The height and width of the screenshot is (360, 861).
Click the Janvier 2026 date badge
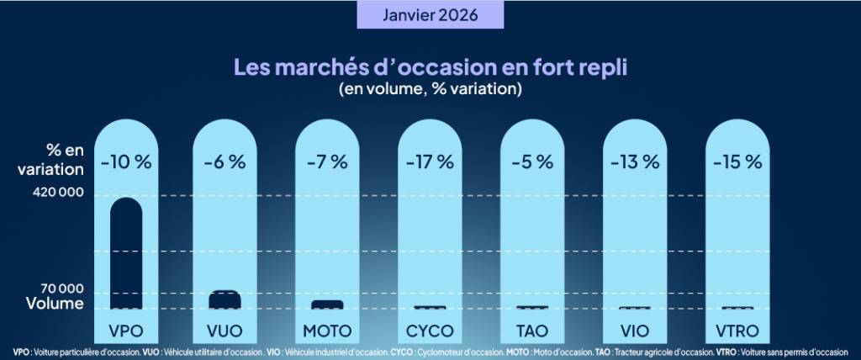point(430,15)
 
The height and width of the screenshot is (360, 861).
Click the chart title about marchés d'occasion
point(429,66)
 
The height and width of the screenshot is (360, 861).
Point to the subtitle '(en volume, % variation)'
point(430,88)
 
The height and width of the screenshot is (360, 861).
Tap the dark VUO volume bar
point(224,299)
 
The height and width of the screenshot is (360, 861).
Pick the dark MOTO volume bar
point(327,304)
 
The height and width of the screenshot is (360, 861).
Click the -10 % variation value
point(125,161)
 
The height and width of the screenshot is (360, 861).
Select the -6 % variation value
point(224,161)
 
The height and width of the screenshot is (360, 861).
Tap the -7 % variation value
point(327,161)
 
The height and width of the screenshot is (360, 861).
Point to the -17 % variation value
point(430,161)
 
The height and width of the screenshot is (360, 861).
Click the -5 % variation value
point(531,161)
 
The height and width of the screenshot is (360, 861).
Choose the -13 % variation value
point(635,161)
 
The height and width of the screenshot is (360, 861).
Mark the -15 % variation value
point(737,161)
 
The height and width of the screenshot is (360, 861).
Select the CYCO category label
point(430,330)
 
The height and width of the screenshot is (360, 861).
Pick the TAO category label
point(531,330)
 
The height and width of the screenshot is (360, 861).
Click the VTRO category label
point(737,330)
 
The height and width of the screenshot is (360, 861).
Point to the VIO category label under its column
point(635,330)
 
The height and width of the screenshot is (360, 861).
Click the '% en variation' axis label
point(52,159)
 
